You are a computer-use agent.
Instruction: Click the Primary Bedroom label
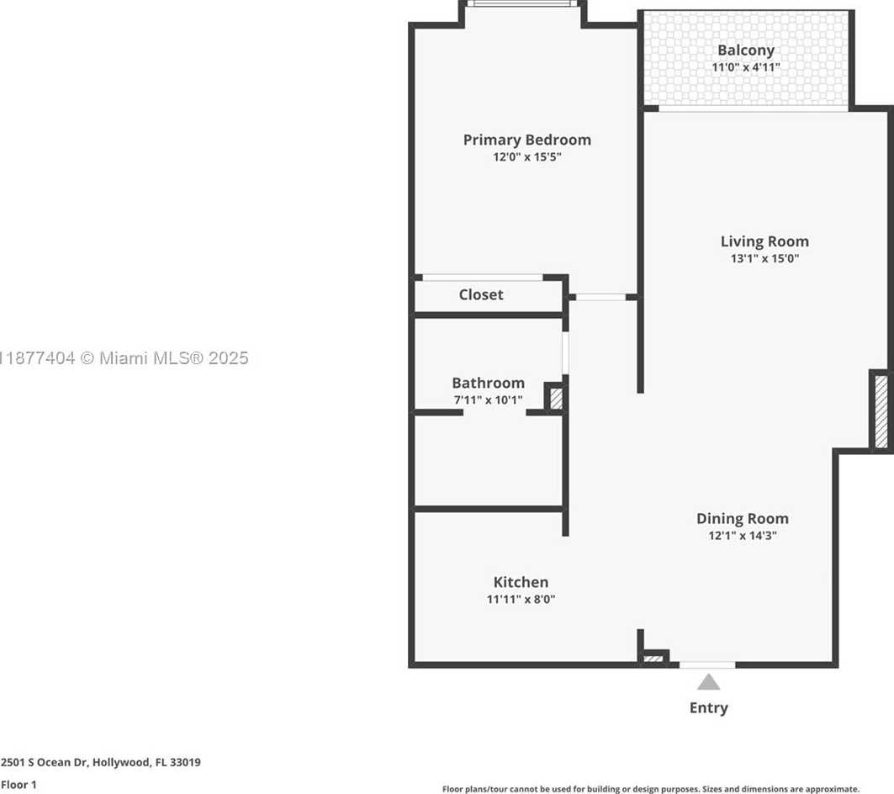(x=526, y=140)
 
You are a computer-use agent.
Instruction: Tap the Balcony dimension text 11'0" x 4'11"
(x=746, y=67)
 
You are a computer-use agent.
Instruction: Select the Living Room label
(x=764, y=242)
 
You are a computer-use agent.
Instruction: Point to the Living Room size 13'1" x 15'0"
(x=764, y=258)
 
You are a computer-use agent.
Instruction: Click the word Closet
(x=481, y=295)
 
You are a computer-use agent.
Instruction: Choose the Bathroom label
(x=488, y=383)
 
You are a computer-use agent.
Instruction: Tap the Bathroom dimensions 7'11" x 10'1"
(x=488, y=400)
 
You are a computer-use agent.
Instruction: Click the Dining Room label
(x=743, y=519)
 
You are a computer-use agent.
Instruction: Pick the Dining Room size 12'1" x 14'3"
(x=743, y=536)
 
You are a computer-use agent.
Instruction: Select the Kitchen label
(x=521, y=582)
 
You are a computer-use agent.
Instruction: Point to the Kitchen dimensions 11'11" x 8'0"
(x=521, y=600)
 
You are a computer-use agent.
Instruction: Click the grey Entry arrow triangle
(x=708, y=682)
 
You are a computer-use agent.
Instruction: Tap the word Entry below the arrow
(x=709, y=708)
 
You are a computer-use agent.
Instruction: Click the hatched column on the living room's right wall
(x=881, y=411)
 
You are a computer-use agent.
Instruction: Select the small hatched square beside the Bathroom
(x=556, y=398)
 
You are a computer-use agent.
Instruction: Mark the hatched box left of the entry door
(x=653, y=659)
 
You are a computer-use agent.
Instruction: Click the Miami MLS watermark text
(x=124, y=358)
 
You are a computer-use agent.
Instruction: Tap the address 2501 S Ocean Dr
(x=45, y=762)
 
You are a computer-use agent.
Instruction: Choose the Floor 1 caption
(x=19, y=784)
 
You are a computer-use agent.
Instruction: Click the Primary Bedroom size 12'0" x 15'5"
(x=526, y=156)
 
